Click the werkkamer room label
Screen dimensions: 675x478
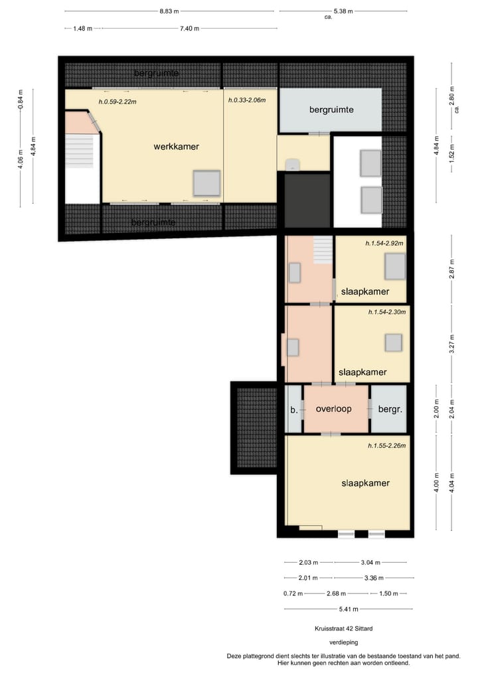pos(176,146)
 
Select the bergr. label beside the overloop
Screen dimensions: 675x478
pos(390,410)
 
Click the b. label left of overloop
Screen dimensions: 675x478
pos(293,410)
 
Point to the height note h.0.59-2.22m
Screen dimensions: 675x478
pos(117,102)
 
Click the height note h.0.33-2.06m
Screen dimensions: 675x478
pos(246,100)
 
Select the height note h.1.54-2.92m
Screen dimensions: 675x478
pos(384,244)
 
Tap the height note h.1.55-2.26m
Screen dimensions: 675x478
pos(386,446)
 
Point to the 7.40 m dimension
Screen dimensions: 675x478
pos(189,29)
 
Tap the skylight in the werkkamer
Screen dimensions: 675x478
pos(206,183)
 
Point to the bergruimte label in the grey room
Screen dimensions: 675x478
pos(331,109)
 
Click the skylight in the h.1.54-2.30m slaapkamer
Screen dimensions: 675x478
pos(394,342)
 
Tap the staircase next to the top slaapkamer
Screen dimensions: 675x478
pos(322,250)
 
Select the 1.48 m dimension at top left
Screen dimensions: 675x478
pos(82,29)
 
